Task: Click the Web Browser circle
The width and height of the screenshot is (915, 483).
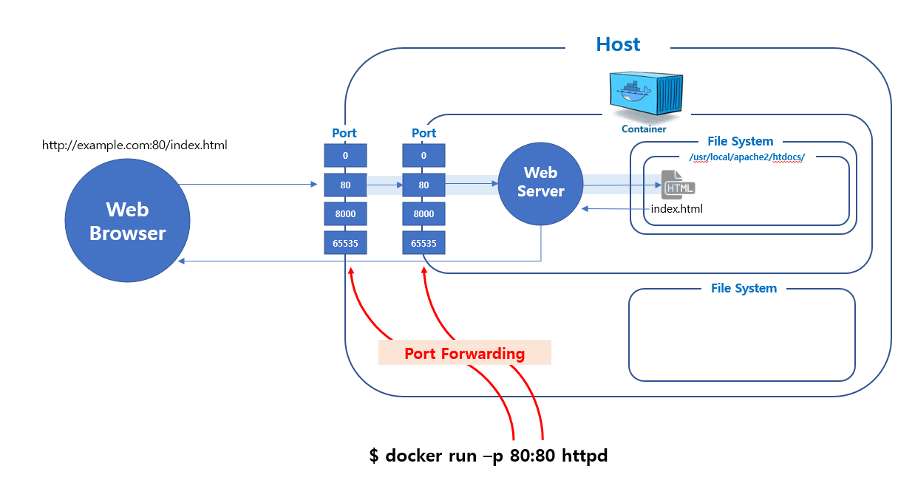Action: point(127,221)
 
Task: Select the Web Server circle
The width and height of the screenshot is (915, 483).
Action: point(540,182)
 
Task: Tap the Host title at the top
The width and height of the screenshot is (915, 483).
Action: point(618,44)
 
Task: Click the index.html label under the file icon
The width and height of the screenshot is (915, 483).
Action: point(676,209)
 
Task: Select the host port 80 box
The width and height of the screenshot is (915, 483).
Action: point(345,185)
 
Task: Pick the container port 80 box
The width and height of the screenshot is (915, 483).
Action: point(424,185)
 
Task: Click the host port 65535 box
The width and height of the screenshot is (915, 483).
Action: point(345,243)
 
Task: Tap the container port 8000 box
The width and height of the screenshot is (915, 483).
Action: point(424,213)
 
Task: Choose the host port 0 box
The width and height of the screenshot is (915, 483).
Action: point(345,156)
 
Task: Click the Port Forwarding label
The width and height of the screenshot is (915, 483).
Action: point(464,353)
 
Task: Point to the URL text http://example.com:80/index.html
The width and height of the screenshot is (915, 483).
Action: point(135,145)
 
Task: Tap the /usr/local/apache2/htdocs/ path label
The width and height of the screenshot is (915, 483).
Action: point(745,157)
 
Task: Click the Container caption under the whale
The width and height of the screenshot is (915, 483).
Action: point(644,129)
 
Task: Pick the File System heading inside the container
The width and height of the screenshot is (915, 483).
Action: point(740,141)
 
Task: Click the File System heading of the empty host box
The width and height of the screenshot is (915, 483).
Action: point(744,288)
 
